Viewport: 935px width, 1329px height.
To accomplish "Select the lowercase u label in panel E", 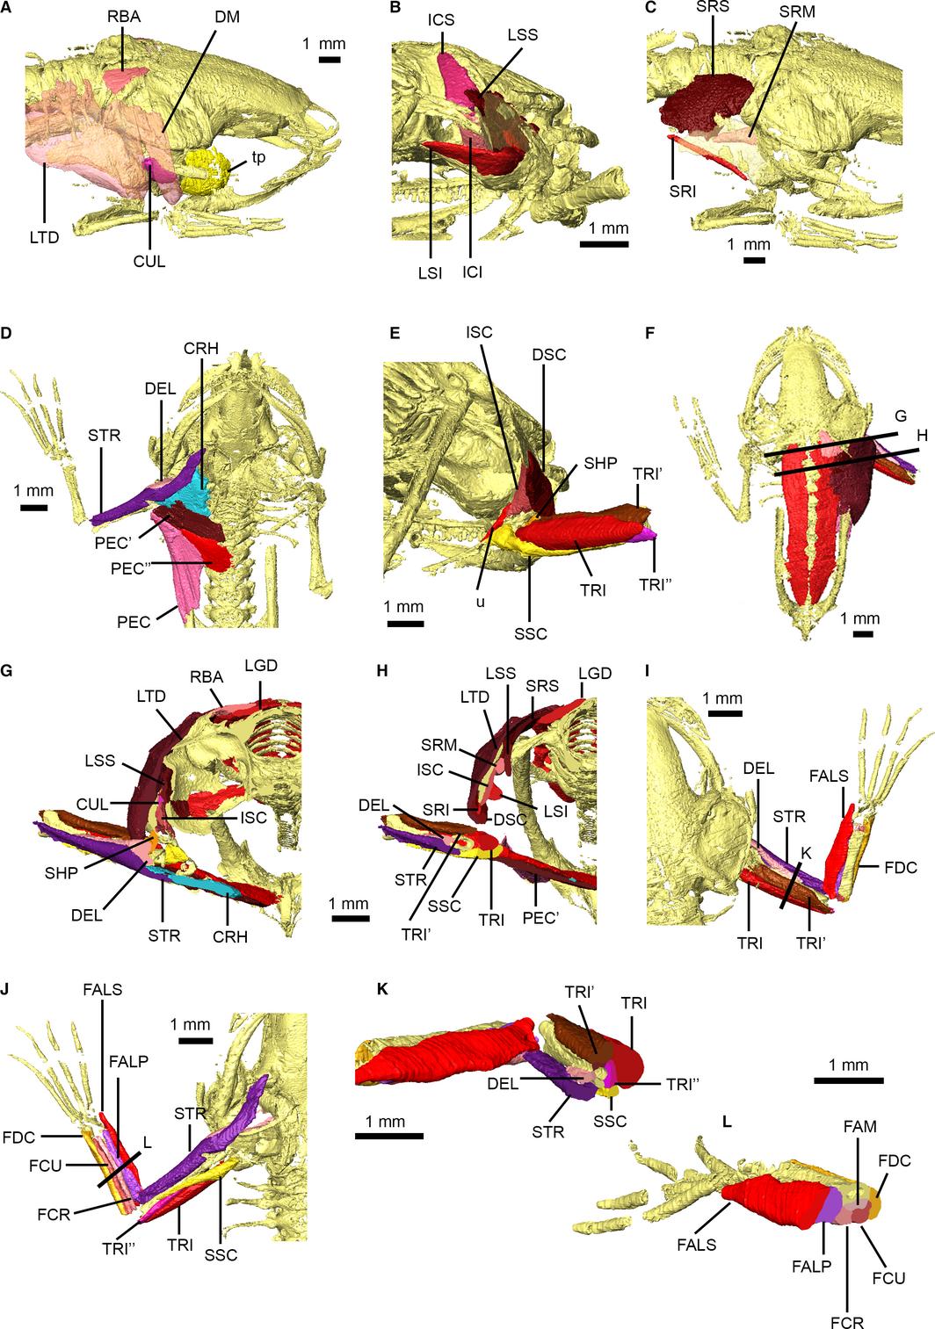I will [x=480, y=602].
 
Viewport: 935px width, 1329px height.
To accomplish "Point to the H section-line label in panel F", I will [x=921, y=436].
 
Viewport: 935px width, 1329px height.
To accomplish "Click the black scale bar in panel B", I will [x=604, y=243].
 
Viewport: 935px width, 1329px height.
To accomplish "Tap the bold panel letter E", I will [x=395, y=333].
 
